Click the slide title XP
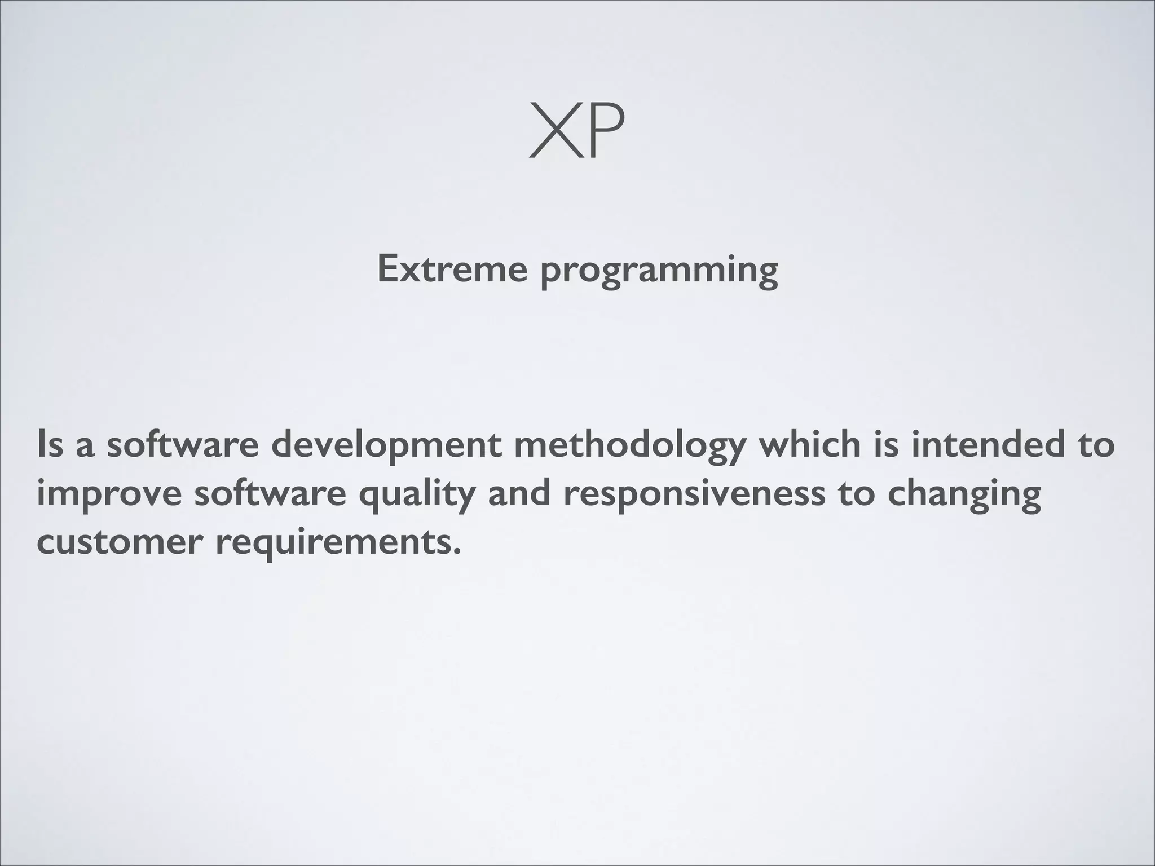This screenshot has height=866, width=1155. pos(577,132)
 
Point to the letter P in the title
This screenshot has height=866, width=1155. pos(605,132)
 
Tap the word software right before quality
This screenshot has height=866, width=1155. pos(270,493)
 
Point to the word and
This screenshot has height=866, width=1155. pos(519,493)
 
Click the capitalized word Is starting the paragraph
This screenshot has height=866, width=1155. pos(50,444)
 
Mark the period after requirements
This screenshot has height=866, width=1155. pos(457,552)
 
